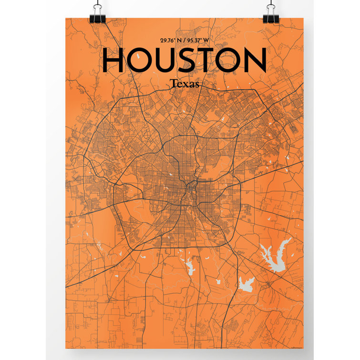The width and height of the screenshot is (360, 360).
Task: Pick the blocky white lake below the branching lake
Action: [246, 285]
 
